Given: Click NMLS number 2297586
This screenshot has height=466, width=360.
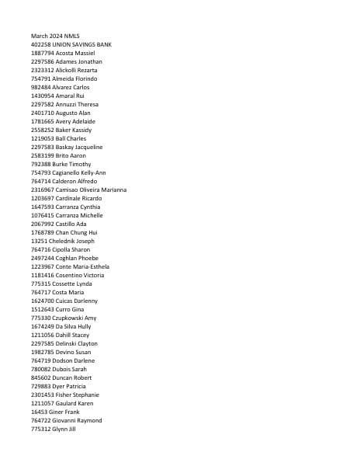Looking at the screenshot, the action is (x=42, y=61).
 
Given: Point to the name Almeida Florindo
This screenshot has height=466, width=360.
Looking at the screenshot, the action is (x=75, y=78).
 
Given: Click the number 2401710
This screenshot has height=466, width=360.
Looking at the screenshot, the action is (x=42, y=113).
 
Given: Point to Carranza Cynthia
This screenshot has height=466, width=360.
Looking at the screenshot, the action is (x=78, y=207).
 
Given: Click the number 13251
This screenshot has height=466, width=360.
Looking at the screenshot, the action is (x=39, y=241).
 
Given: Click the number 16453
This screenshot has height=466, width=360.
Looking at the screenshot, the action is (x=39, y=412).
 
